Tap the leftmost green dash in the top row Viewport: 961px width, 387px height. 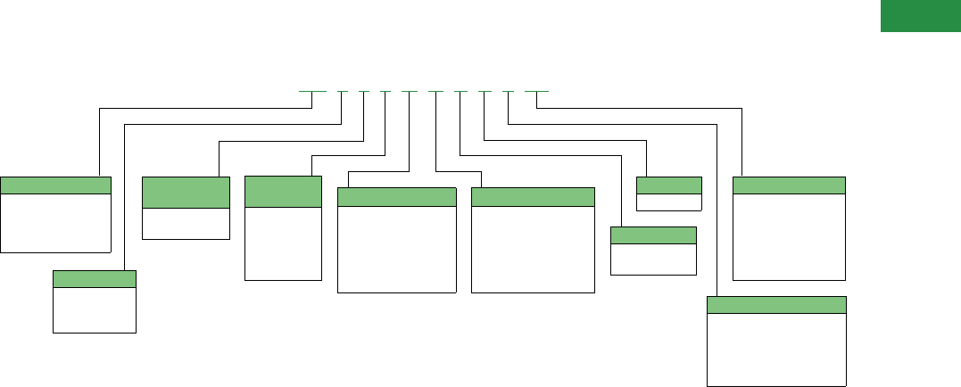point(311,91)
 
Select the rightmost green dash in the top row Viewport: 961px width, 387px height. point(536,91)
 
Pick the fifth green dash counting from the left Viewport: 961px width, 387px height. point(409,91)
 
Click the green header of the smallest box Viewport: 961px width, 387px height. point(668,185)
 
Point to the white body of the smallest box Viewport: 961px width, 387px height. point(668,202)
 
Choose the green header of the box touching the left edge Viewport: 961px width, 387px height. point(55,185)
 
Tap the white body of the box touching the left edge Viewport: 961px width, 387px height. point(55,222)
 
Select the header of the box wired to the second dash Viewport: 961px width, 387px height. point(95,279)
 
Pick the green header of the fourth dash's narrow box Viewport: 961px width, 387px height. point(283,192)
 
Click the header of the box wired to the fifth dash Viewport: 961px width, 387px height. point(397,197)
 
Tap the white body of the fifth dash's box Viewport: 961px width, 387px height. point(397,249)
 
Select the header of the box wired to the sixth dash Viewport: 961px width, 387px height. point(533,197)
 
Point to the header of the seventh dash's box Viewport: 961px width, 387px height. point(652,235)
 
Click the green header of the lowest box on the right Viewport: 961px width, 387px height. point(776,305)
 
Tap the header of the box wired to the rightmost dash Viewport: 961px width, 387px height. point(789,185)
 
